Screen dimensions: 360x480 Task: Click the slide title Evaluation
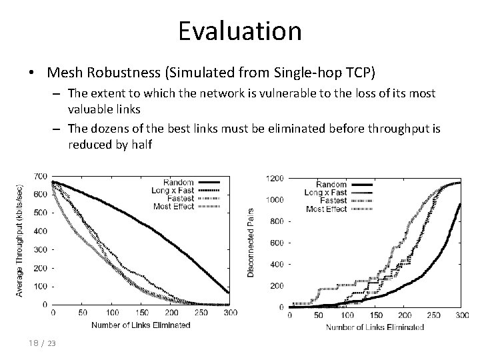click(240, 30)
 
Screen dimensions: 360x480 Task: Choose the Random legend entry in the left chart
click(178, 182)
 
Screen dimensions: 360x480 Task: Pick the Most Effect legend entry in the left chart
click(173, 207)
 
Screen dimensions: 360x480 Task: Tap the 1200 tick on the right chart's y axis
click(274, 179)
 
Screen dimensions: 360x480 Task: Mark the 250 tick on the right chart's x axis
click(431, 315)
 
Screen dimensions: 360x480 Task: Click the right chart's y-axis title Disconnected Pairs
click(251, 241)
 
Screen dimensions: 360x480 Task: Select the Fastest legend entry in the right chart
click(333, 201)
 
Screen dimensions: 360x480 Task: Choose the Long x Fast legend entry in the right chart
click(327, 193)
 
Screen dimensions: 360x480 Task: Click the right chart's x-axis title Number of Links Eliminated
click(375, 327)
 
